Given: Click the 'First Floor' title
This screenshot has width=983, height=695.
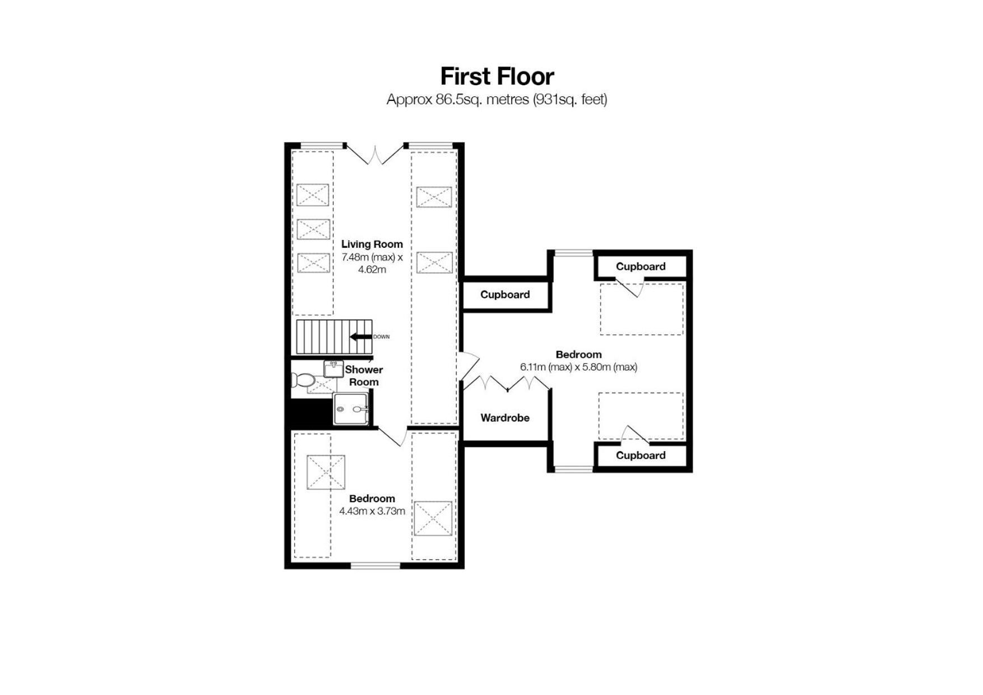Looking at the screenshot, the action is point(497,76).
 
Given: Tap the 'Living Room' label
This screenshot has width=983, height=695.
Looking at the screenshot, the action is point(372,244).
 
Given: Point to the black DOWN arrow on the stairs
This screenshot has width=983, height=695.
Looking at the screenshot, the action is point(361,337).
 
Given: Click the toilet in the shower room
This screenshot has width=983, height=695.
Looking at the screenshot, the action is point(303,380).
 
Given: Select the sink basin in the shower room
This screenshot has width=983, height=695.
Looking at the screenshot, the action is point(333,369).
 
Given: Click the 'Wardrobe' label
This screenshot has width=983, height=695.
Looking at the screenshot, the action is point(505,418).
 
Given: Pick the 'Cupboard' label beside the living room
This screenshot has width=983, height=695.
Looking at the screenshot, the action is point(505,294).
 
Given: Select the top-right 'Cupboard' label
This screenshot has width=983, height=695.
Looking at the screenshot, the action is point(641,266).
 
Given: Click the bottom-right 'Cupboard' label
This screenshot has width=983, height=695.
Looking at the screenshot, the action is point(641,455).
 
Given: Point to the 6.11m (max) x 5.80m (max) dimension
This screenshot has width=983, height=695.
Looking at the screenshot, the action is point(578,367).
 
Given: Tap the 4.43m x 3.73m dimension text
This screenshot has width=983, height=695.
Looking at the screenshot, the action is point(372,512).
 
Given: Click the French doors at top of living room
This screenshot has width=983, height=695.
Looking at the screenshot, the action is point(375,154).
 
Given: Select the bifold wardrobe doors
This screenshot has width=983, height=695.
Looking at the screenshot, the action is point(507,383).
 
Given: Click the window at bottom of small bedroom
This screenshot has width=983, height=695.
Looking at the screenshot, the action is point(375,565).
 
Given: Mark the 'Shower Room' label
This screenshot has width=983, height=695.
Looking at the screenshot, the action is point(364,376).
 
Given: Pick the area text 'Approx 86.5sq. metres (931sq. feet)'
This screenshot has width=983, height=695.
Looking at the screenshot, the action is point(497,100).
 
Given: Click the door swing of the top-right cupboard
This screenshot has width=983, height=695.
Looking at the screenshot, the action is point(629,288).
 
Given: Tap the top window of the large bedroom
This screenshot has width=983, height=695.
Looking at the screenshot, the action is point(573,254).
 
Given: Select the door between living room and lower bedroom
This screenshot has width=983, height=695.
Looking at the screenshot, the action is point(392,436).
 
